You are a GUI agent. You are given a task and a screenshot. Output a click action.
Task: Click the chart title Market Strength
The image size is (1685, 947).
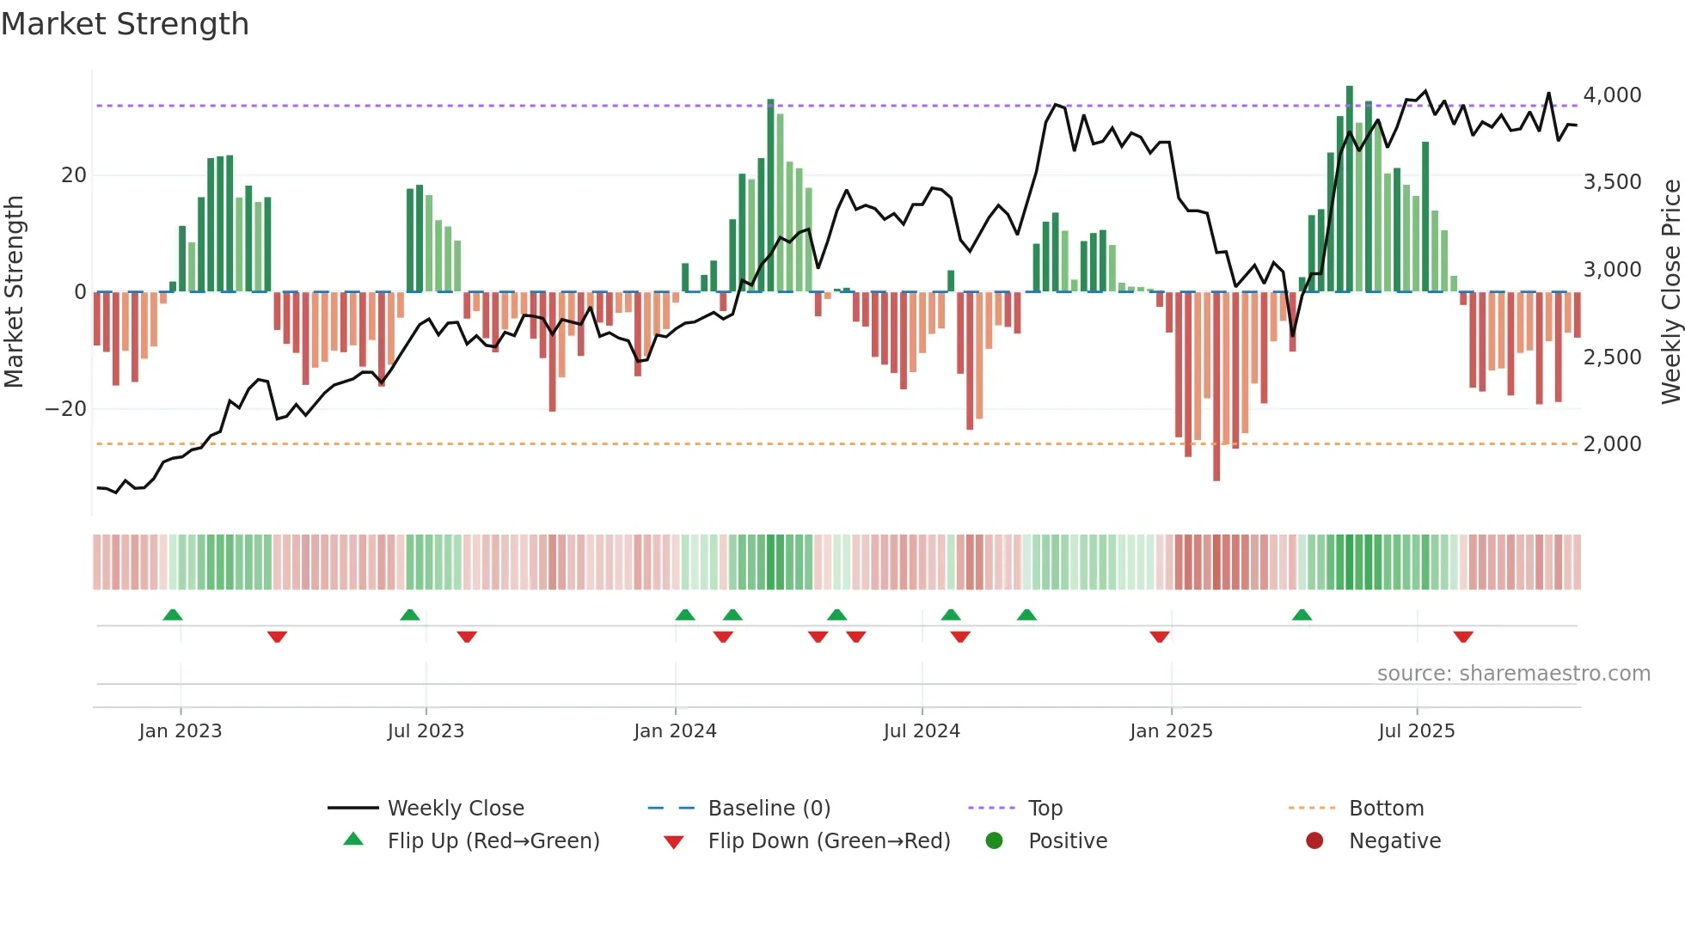[x=125, y=24]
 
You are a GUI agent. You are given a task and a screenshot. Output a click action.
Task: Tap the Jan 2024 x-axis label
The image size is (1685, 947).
[x=675, y=731]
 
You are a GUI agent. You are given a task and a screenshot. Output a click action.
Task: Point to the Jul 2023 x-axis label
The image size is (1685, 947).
[x=426, y=731]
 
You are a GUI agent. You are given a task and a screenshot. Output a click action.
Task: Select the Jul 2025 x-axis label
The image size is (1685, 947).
[x=1416, y=731]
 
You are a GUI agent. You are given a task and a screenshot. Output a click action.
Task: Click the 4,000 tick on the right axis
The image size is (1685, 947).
[x=1612, y=95]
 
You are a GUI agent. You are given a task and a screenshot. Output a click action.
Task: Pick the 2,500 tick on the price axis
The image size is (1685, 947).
[x=1612, y=357]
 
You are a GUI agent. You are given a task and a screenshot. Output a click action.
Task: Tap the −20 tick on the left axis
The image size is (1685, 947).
[x=66, y=409]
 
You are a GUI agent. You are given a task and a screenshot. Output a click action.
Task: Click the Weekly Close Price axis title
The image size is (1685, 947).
[x=1670, y=292]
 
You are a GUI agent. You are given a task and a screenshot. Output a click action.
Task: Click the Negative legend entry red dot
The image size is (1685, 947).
[x=1314, y=841]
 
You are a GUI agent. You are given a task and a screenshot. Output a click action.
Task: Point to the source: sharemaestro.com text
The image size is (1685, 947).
[x=1513, y=674]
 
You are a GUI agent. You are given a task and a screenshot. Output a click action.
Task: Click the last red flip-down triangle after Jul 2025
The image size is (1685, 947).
[x=1463, y=637]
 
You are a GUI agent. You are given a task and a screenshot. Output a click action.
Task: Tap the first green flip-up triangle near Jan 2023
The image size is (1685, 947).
[x=173, y=614]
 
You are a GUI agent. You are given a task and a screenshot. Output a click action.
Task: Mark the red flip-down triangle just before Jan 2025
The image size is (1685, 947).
[x=1160, y=637]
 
